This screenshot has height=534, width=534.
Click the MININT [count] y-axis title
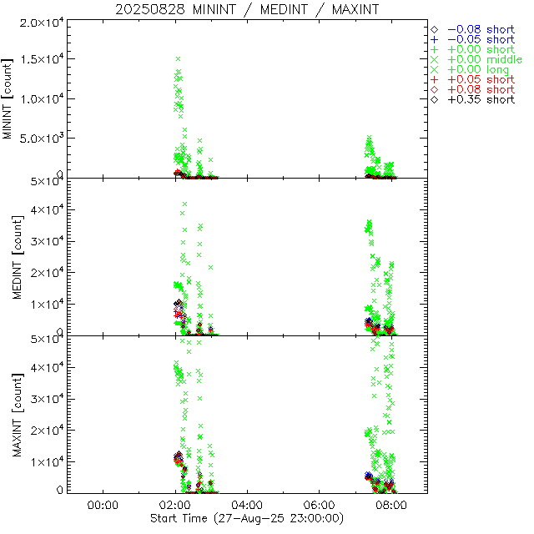coord(8,99)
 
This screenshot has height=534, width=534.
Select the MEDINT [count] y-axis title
coord(8,256)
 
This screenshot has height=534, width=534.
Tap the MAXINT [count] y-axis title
coord(8,413)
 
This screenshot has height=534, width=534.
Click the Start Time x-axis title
coord(246,519)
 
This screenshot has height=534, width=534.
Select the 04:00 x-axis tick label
coord(248,506)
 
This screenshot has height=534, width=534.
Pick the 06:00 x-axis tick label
coord(320,506)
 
